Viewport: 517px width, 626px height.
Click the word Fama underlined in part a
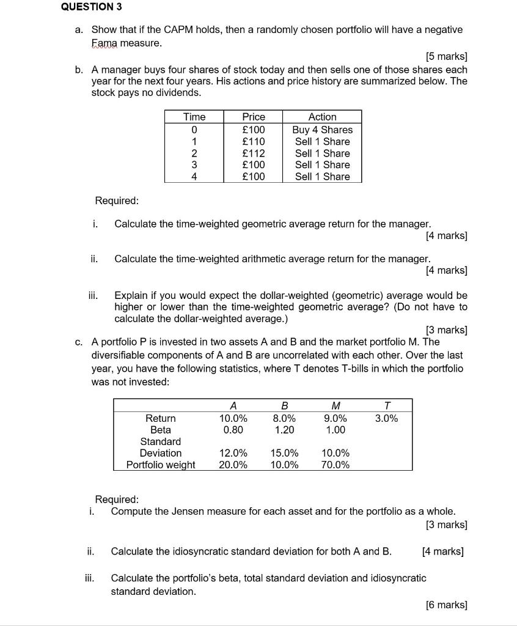coord(104,43)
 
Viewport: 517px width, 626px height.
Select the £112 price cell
coord(254,153)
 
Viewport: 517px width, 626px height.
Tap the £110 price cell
coord(254,141)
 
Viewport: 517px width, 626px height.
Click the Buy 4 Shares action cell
coord(322,130)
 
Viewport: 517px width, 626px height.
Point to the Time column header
coord(194,117)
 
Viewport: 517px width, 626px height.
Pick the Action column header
coord(322,117)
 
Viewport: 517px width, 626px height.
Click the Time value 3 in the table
coord(194,165)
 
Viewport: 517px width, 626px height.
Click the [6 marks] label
coord(446,605)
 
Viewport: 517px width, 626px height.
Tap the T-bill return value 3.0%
coord(386,418)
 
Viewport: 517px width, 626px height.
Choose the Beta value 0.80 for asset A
coord(233,430)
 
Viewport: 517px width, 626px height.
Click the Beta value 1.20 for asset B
coord(284,430)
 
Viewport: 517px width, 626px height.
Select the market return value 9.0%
coord(335,418)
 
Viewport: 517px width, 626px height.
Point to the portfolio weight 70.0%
coord(335,465)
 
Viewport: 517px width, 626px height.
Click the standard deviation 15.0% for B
coord(284,453)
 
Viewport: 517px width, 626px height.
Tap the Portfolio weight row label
coord(161,465)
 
